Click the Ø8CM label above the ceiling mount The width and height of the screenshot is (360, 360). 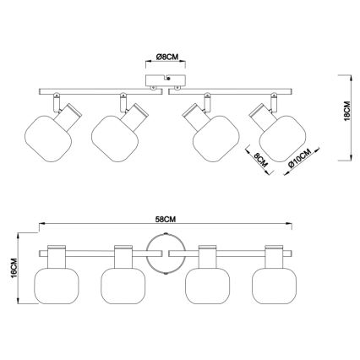click(167, 57)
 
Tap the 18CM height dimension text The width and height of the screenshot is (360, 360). click(347, 111)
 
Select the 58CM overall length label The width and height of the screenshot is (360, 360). click(166, 220)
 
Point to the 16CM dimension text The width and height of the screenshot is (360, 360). click(14, 268)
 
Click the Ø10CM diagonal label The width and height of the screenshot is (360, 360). click(300, 158)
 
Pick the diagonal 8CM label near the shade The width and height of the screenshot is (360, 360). click(260, 160)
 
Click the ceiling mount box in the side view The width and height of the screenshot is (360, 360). click(166, 80)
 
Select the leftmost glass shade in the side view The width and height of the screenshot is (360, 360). click(48, 139)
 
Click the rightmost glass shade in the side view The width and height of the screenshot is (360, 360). click(282, 139)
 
